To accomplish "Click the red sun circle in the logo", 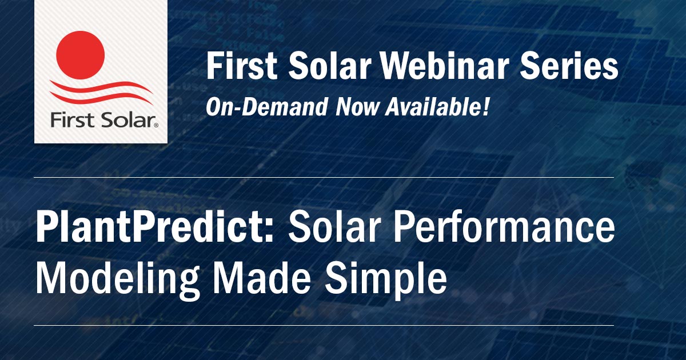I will (x=81, y=55).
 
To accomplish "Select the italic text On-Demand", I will (x=266, y=107).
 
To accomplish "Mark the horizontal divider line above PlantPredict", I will (x=324, y=178).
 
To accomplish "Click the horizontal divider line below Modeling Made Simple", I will (x=324, y=326).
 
